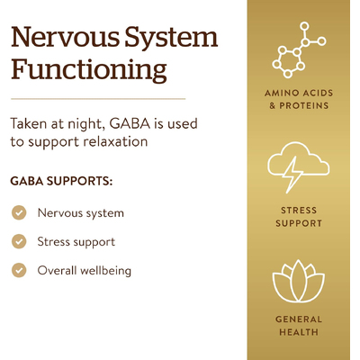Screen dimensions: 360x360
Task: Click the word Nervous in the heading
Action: (65, 37)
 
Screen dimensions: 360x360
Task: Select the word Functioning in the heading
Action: (89, 69)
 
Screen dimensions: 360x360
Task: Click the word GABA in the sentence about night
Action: (130, 123)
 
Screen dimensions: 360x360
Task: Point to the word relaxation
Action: (115, 141)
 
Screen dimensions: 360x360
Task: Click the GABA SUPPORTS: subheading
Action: (61, 181)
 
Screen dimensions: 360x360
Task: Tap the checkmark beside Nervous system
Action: (19, 212)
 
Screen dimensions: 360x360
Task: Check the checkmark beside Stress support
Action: (19, 241)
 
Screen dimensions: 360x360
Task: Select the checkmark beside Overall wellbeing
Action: (19, 270)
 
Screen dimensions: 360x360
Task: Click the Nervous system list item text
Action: (81, 213)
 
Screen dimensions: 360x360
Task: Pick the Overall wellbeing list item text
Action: (85, 271)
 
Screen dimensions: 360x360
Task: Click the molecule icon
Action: (299, 49)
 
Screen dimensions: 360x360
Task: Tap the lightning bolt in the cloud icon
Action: (293, 175)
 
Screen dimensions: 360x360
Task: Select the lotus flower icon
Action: (299, 281)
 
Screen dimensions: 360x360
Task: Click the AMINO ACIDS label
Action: (299, 93)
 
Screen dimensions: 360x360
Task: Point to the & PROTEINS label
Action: (299, 105)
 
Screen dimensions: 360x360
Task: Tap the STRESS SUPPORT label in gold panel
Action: (299, 217)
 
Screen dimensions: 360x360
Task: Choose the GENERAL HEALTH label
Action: (299, 326)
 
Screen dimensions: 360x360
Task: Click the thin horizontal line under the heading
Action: (98, 98)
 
